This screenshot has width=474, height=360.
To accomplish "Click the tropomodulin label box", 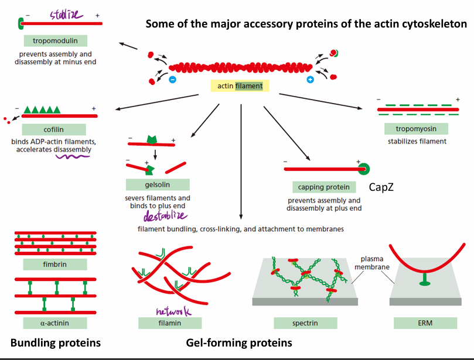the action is coord(56,41).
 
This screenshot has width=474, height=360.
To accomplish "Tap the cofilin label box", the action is coord(54,129).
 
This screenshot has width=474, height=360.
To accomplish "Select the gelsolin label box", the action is coord(158,184).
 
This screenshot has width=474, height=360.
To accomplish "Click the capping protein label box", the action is coord(324,187).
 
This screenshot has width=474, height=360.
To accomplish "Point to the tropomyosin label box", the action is coord(416,129).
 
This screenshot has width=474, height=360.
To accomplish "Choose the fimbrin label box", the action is coord(54,264).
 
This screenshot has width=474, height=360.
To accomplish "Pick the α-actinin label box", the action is coord(54,323).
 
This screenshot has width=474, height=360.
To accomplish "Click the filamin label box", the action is coord(170,323).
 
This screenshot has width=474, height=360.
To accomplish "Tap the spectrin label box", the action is coord(305,323).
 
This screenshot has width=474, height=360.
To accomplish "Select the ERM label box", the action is coord(425,323).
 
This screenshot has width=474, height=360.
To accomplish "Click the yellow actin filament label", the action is coord(240,86).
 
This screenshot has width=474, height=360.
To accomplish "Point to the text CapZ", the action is coord(381,187).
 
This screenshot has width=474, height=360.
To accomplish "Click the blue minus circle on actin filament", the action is coord(173,80).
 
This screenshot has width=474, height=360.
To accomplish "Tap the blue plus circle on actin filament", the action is coord(310,80).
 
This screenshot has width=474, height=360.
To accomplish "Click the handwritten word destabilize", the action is coord(165,215).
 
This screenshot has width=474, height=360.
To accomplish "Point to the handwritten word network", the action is coord(173,311).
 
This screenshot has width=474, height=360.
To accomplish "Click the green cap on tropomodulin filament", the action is coord(21,23).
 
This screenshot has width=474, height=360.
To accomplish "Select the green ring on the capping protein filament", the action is coord(364,169).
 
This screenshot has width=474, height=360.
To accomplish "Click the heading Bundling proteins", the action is coord(56,343).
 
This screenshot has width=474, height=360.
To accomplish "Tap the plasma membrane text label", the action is coord(372,263).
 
